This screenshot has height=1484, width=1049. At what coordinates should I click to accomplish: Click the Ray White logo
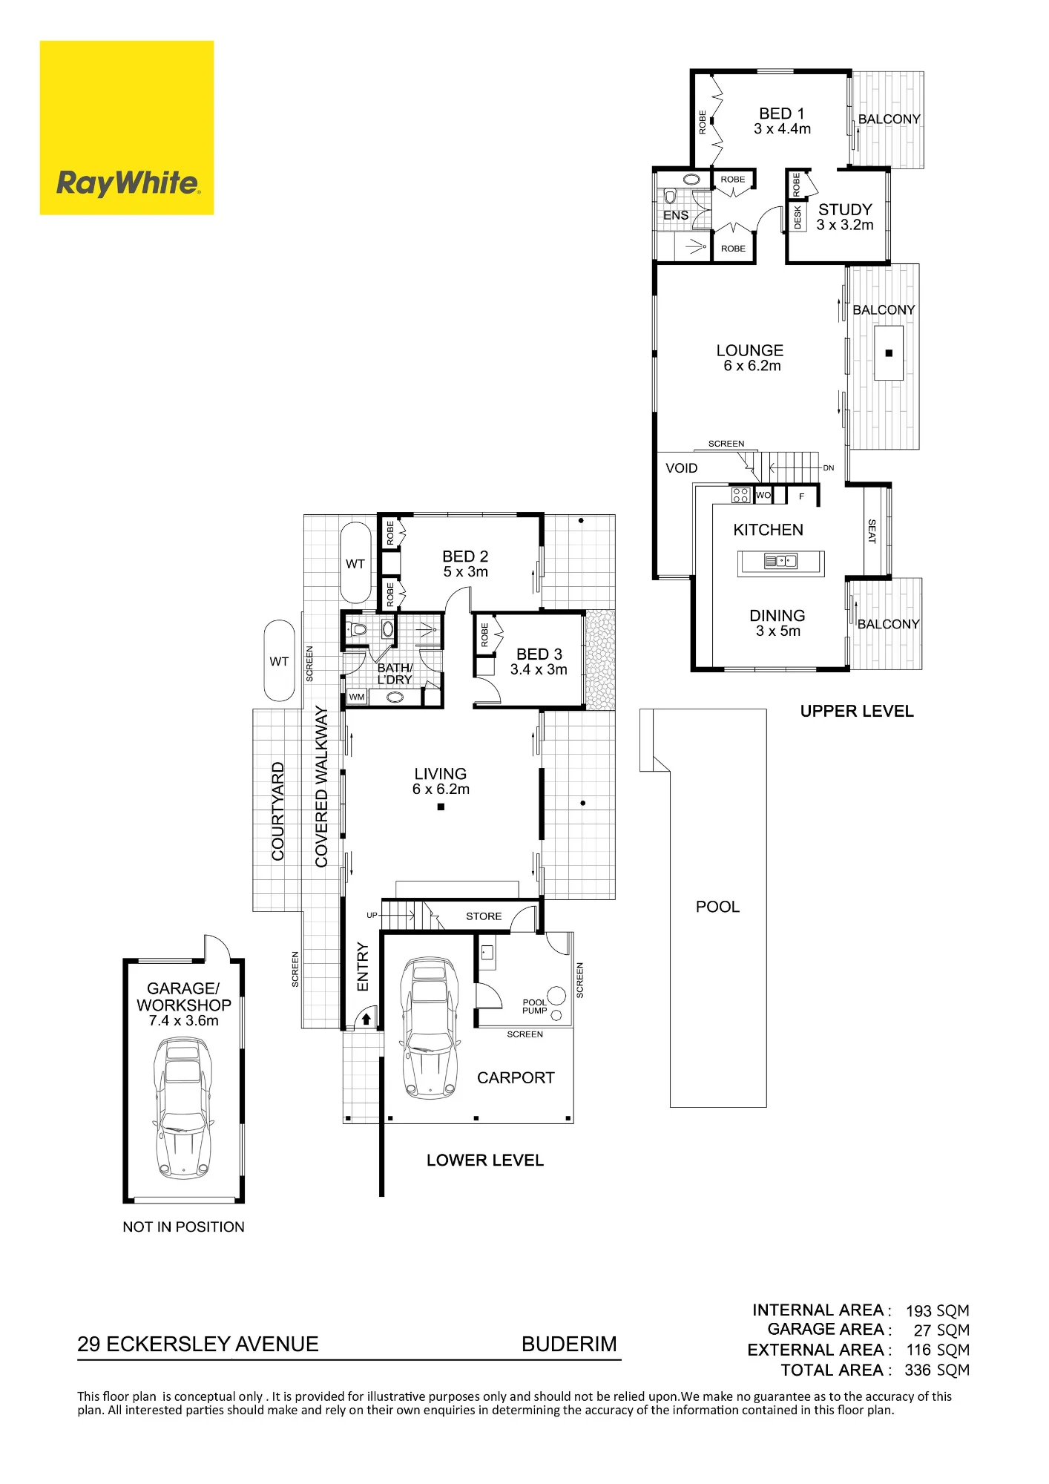point(127,128)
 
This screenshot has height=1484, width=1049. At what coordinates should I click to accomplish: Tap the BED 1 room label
point(782,114)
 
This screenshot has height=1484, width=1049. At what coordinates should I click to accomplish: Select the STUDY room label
point(845,209)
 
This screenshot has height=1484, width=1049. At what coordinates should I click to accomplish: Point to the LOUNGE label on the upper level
point(750,350)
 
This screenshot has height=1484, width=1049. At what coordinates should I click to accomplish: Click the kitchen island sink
point(780,561)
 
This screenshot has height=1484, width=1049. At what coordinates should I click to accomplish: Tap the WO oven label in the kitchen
point(763,495)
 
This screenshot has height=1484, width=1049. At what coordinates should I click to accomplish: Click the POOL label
point(717,907)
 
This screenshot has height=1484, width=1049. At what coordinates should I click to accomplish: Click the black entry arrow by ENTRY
point(366,1020)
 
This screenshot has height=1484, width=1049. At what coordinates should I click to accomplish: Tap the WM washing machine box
point(357,697)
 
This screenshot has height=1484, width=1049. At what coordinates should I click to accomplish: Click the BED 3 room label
point(539,654)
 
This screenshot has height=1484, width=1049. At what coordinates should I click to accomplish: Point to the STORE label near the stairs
point(484,916)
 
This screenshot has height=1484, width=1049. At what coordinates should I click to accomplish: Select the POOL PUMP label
point(534,1006)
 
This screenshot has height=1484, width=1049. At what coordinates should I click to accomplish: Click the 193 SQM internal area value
point(938,1311)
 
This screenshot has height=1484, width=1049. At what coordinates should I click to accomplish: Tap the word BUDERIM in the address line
point(569,1344)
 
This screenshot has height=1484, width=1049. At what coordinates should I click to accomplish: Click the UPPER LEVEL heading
point(857,711)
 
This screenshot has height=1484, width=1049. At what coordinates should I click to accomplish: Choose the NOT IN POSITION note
point(183,1227)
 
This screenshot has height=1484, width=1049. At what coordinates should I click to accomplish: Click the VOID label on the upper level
point(681,468)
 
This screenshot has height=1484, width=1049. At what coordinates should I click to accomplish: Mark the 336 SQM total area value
point(937,1370)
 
